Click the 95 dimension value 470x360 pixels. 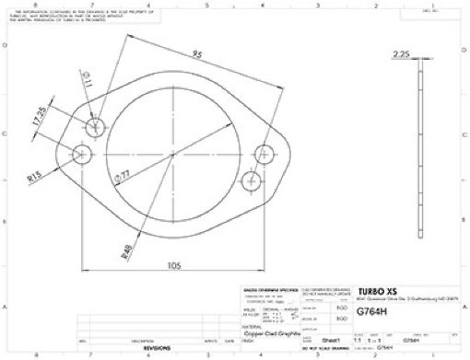pyautogui.click(x=197, y=54)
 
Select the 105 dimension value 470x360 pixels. pyautogui.click(x=172, y=265)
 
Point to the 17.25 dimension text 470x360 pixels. pyautogui.click(x=39, y=118)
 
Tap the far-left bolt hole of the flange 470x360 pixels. pyautogui.click(x=84, y=154)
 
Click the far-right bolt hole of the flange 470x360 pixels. pyautogui.click(x=263, y=154)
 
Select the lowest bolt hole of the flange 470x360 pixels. pyautogui.click(x=250, y=181)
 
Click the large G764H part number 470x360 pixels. pyautogui.click(x=370, y=311)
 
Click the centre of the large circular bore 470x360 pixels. pyautogui.click(x=172, y=154)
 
